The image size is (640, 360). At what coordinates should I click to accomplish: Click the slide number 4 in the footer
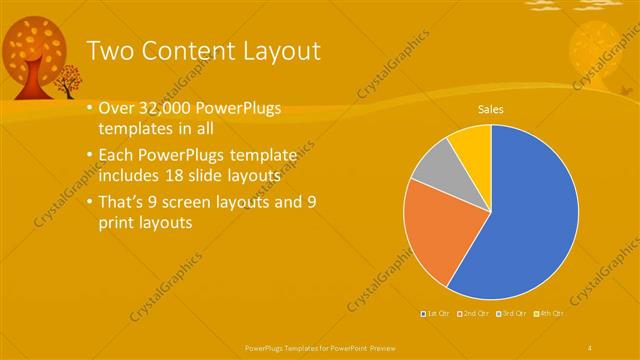591,347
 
